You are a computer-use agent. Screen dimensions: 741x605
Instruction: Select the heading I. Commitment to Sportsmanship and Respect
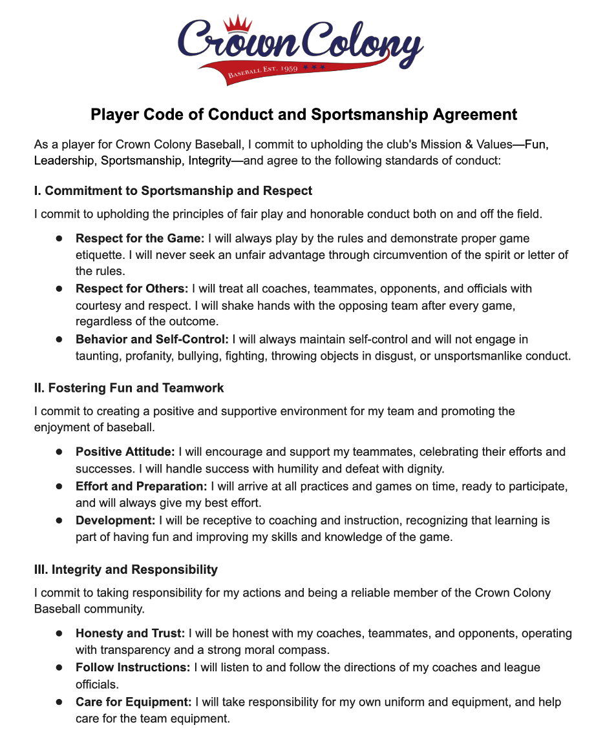pos(173,190)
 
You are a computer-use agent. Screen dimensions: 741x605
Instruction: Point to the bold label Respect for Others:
pos(132,289)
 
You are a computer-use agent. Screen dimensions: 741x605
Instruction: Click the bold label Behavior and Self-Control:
pos(152,339)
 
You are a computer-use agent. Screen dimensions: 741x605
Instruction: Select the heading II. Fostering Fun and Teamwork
pos(129,388)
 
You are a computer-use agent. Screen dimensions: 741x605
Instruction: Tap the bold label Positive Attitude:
pos(125,451)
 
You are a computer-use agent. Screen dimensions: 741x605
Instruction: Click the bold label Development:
pos(116,520)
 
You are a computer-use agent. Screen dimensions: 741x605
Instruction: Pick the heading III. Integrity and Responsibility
pos(126,569)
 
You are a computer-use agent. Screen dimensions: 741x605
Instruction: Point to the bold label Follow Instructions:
pos(133,667)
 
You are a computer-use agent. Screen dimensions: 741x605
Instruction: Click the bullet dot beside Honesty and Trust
pos(59,633)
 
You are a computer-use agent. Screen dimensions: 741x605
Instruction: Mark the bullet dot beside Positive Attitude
pos(59,451)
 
